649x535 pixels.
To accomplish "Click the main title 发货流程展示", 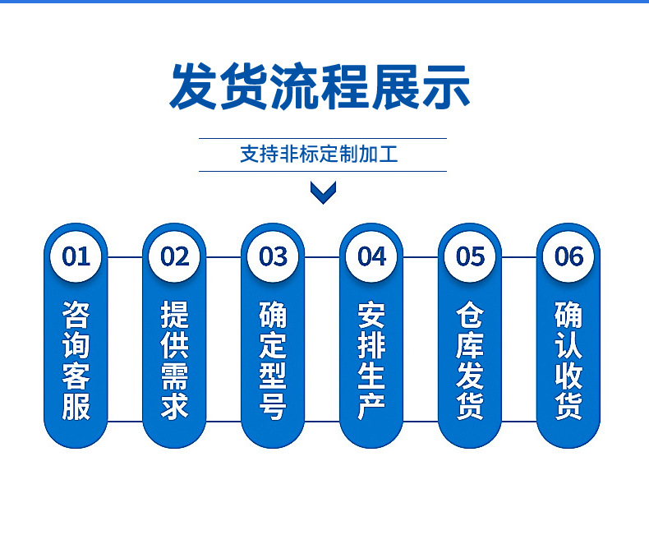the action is tap(320, 87).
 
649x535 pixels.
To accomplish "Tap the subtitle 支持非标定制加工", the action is tap(319, 154).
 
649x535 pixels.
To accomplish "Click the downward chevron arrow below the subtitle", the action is tap(323, 192).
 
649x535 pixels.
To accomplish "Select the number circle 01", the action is tap(76, 256).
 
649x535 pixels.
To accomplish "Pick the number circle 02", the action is tap(174, 256).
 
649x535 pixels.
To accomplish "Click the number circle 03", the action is tap(273, 256).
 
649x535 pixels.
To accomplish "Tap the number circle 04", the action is tap(371, 256).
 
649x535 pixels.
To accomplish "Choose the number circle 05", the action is tap(470, 256).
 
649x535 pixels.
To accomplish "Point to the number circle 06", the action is tap(568, 256).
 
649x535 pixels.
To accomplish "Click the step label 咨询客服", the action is tap(76, 361).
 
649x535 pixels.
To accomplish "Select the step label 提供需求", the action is tap(174, 361).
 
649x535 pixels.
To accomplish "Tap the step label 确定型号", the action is tap(273, 361).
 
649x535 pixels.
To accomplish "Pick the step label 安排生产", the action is tap(371, 361).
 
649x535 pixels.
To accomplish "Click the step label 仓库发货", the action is tap(470, 361).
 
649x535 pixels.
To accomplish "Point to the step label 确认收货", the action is tap(568, 361).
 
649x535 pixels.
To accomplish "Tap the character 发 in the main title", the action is tap(194, 87).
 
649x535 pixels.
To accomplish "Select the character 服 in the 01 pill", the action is tap(76, 406).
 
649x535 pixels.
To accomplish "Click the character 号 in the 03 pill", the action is tap(273, 406).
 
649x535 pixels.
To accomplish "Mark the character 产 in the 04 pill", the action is tap(371, 406).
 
